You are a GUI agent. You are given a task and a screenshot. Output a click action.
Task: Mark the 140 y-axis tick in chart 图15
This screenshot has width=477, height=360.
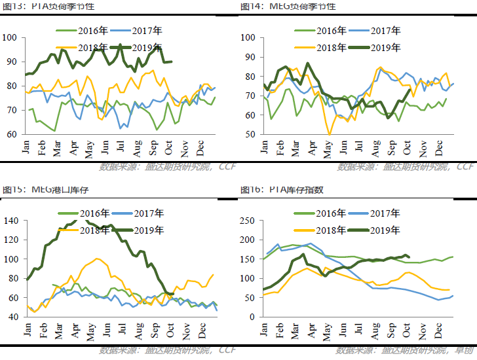13,221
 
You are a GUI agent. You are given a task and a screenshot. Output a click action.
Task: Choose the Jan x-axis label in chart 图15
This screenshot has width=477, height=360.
27,328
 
